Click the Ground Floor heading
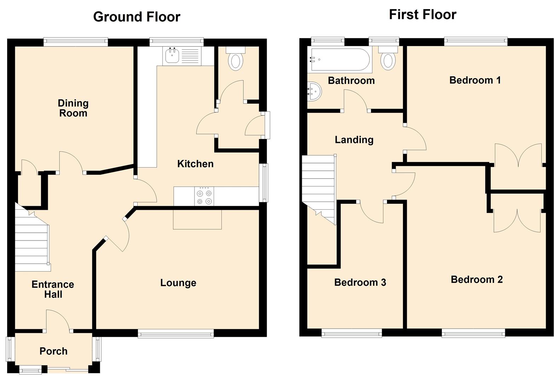(137, 17)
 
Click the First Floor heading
(422, 15)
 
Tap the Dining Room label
(73, 108)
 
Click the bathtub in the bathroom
(340, 59)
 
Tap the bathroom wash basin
(314, 91)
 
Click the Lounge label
(178, 283)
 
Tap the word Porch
(53, 351)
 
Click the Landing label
(354, 140)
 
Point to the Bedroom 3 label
(360, 282)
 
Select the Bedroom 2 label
(477, 279)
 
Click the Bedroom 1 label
(475, 80)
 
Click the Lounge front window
(176, 333)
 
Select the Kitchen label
(195, 164)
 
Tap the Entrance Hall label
(53, 289)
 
